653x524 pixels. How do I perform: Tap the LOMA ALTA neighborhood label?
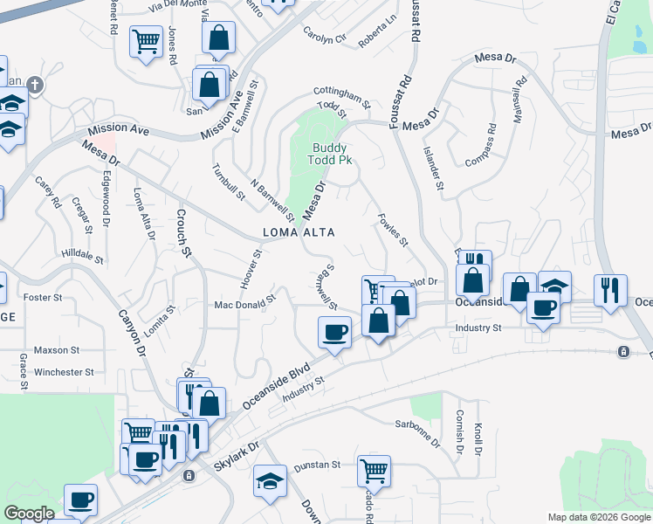point(299,231)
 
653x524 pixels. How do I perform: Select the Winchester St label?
point(64,372)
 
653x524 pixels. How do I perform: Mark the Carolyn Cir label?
point(325,38)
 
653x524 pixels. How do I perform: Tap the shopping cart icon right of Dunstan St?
point(374,470)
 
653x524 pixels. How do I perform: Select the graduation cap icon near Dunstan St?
point(270,480)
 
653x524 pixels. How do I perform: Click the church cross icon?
point(34,86)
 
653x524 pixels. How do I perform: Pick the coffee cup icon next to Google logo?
point(80,500)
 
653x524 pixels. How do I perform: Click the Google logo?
point(29,514)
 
